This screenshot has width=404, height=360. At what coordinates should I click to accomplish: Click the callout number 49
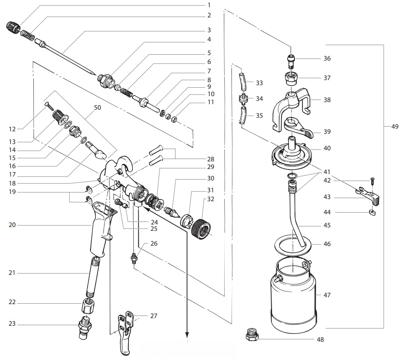[x=395, y=126]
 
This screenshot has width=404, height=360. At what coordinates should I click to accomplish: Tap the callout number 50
[x=98, y=108]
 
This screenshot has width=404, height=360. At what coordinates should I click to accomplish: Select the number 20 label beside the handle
[x=12, y=225]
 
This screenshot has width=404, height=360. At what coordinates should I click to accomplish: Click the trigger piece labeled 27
[x=126, y=335]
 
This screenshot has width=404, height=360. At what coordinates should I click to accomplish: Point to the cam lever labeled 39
[x=299, y=128]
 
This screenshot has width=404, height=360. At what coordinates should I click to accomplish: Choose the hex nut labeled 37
[x=291, y=78]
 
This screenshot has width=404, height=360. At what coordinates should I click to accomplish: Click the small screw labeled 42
[x=372, y=180]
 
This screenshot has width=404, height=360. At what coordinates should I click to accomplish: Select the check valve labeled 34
[x=243, y=100]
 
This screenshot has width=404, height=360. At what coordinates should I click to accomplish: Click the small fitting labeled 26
[x=135, y=258]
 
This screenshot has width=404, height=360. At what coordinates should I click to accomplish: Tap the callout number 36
[x=326, y=58]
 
